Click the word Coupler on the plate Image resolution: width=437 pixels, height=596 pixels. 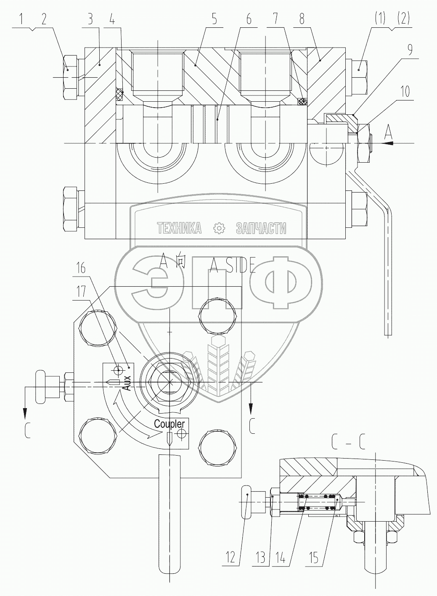point(169,424)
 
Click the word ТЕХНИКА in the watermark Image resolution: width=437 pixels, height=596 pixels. point(180,228)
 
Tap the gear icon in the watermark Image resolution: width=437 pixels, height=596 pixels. point(219,228)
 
